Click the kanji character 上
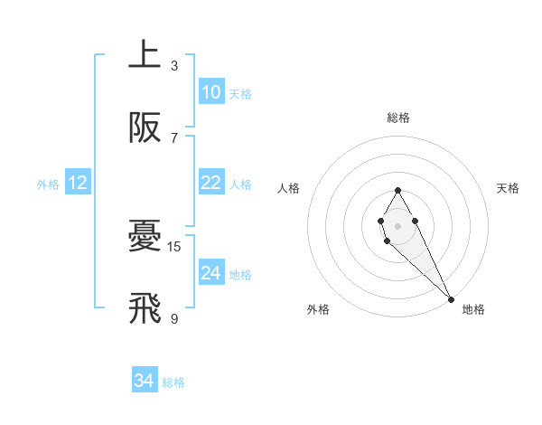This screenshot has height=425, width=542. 145,55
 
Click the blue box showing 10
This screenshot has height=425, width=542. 210,92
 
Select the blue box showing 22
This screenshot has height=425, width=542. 210,183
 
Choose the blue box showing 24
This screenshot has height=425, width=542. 210,273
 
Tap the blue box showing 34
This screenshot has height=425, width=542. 144,382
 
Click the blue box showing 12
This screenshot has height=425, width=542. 77,183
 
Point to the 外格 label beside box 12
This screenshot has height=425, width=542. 48,184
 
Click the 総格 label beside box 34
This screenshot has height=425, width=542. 173,383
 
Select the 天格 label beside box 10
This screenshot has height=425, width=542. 240,94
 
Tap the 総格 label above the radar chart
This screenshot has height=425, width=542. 397,118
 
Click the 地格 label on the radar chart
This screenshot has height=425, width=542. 473,309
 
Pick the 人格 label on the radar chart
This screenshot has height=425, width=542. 289,188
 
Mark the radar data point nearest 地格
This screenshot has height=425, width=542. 451,299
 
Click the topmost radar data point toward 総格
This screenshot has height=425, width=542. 397,190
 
